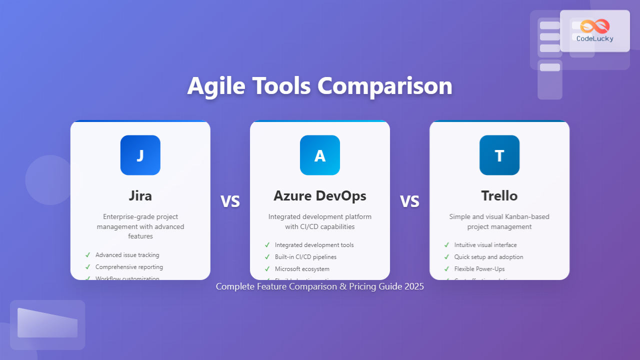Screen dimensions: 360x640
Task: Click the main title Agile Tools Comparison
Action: [319, 86]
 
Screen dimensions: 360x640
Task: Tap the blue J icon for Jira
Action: [140, 155]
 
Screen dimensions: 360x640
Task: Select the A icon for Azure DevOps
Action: [319, 155]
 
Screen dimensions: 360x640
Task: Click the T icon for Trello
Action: [499, 155]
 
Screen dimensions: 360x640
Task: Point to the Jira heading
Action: [140, 196]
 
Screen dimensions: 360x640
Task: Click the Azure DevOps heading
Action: [319, 196]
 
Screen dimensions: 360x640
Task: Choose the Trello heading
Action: [499, 196]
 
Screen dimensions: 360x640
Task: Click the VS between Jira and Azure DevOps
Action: [230, 201]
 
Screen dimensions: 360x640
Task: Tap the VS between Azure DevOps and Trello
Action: [409, 201]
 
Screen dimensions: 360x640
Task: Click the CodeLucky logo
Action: [594, 30]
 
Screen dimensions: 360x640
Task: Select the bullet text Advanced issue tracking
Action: [127, 255]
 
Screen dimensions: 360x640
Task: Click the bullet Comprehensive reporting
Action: [129, 267]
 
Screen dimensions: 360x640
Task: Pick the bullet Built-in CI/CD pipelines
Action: [305, 257]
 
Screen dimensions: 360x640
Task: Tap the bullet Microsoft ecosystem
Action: [302, 269]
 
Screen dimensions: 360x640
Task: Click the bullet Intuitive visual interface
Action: [485, 245]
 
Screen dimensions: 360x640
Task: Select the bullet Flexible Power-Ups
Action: [479, 269]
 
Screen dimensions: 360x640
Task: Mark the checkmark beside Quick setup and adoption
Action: [446, 257]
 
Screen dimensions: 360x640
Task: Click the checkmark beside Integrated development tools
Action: [267, 245]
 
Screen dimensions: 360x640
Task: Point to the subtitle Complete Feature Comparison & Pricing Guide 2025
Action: [319, 286]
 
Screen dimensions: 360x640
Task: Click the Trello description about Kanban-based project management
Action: [499, 221]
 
